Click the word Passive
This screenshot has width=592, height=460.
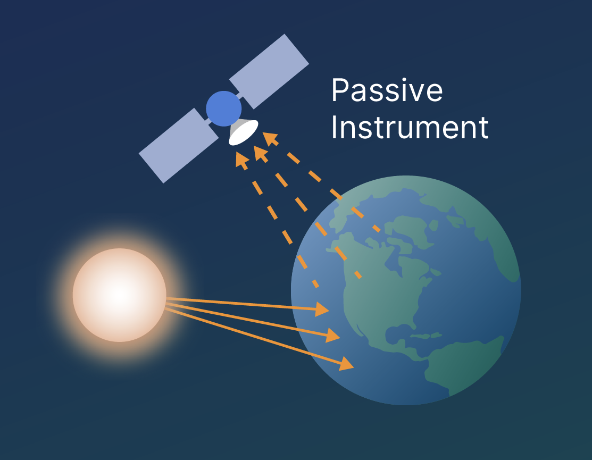tap(387, 90)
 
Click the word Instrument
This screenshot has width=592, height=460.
tap(410, 127)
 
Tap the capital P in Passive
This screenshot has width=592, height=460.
tap(339, 90)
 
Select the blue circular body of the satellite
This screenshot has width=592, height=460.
tap(223, 108)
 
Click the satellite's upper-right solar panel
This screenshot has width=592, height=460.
tap(269, 72)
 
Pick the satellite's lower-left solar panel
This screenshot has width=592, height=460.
tap(179, 146)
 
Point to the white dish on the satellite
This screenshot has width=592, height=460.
tap(244, 132)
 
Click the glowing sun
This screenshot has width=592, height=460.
tap(119, 295)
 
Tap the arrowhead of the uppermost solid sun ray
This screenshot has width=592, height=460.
tap(322, 309)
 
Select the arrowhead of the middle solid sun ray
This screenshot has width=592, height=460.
tap(332, 336)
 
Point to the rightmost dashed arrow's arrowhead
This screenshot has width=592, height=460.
tap(270, 139)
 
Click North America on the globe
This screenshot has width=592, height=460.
tap(381, 287)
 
